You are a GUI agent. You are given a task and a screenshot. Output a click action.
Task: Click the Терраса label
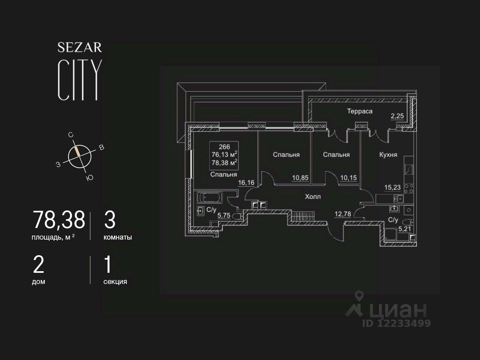coord(360,111)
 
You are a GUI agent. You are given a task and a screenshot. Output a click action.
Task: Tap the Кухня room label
coord(388,155)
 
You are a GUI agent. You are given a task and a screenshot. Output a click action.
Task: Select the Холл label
coord(313,197)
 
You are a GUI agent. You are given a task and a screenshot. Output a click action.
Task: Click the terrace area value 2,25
coord(397,116)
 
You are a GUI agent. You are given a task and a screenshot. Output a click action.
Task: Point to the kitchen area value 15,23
coord(392,187)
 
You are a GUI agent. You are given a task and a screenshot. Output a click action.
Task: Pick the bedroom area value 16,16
coord(246,182)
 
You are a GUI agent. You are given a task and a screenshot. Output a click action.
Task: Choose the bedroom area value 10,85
coord(300,178)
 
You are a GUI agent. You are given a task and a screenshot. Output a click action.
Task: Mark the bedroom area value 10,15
coord(348,178)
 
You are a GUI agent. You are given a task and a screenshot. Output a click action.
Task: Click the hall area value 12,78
coord(343,214)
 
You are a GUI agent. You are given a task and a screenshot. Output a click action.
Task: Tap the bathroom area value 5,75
coord(224,215)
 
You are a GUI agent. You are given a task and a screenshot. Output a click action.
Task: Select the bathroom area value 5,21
coord(404,229)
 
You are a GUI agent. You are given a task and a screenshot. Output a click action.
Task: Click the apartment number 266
coord(224,147)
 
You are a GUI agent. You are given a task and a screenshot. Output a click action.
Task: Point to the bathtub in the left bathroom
coord(210,197)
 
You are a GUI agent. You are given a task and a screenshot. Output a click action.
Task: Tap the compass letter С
coord(71,135)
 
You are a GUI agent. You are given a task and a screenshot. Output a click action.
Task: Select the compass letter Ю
coord(90,178)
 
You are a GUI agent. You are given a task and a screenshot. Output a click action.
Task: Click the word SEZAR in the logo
coord(80,48)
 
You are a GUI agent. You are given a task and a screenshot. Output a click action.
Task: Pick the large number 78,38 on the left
coord(59,220)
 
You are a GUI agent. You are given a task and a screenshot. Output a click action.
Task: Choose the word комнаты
coord(118,237)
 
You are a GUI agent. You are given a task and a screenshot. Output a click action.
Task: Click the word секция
coord(115,282)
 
